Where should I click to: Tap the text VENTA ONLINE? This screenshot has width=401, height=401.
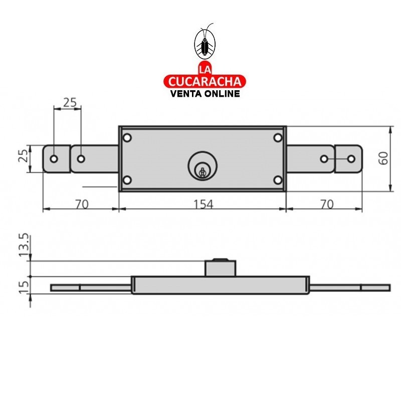click(x=205, y=93)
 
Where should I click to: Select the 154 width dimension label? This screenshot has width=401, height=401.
click(x=203, y=204)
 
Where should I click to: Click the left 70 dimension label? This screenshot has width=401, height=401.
click(x=82, y=204)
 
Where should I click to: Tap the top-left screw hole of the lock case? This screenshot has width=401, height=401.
click(x=127, y=137)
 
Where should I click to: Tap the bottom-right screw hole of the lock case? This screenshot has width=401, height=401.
click(x=277, y=180)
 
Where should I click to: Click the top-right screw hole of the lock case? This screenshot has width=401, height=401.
click(x=277, y=137)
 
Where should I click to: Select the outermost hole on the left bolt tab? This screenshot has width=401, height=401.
click(x=54, y=159)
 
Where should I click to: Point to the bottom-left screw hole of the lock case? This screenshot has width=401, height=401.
click(x=127, y=180)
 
